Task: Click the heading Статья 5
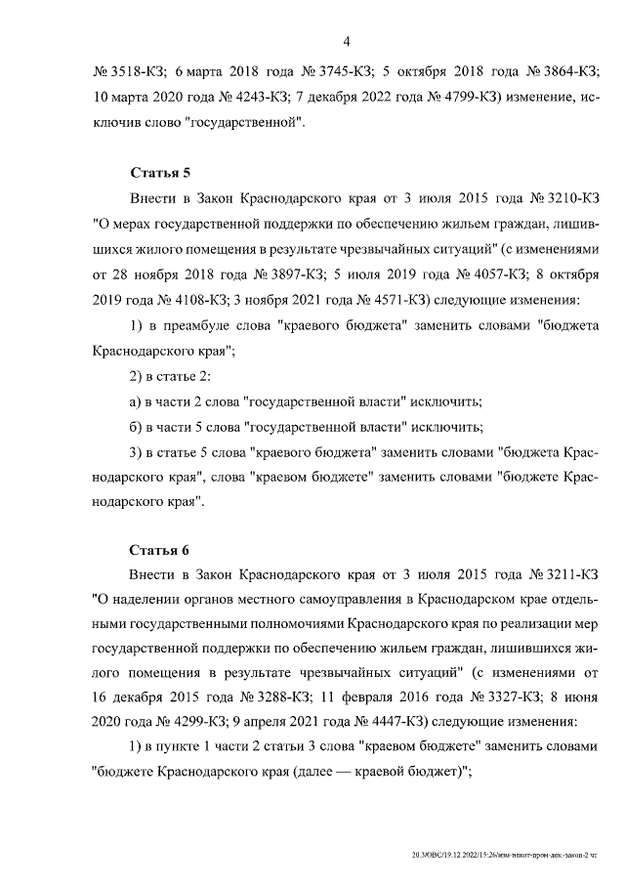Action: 152,173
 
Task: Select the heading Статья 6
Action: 152,550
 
